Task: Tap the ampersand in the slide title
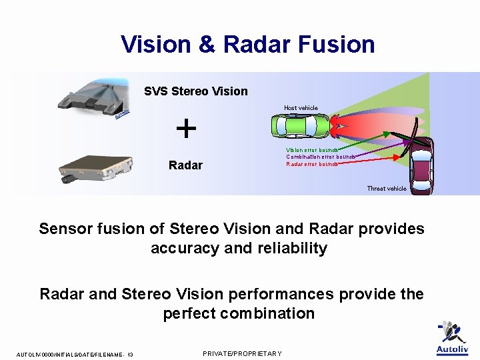click(206, 45)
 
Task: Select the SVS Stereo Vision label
click(195, 91)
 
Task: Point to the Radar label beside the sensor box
click(185, 165)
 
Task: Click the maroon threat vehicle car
click(421, 166)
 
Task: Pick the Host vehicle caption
click(301, 108)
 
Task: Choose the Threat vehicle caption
click(387, 189)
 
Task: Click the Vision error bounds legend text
click(312, 150)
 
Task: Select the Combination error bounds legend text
click(320, 157)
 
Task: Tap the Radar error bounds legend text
click(311, 163)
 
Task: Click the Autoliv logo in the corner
click(452, 339)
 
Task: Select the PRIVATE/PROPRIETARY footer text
click(242, 353)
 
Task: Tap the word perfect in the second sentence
click(188, 313)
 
